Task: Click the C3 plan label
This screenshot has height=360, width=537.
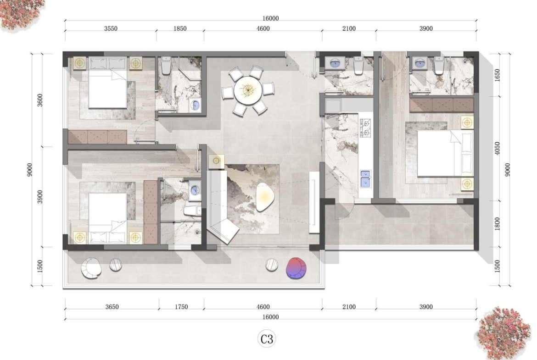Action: click(x=267, y=339)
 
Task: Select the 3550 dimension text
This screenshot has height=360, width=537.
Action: click(x=111, y=29)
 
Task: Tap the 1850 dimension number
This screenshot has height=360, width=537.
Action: click(x=180, y=29)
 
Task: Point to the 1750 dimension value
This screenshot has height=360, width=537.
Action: click(x=181, y=307)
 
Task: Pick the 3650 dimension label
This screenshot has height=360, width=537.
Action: click(x=112, y=307)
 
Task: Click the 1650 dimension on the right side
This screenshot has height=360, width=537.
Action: click(x=497, y=75)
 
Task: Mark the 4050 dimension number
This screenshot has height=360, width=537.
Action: click(x=497, y=148)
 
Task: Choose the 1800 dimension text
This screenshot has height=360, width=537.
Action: click(x=497, y=224)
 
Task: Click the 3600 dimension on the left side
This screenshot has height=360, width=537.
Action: click(x=40, y=100)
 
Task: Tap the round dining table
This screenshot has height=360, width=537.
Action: click(x=248, y=90)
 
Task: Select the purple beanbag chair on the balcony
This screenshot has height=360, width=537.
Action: click(x=296, y=268)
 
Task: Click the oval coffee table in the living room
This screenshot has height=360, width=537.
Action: click(x=264, y=197)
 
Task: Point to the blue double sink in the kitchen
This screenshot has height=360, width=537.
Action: click(x=365, y=179)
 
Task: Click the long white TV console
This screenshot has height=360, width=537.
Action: click(x=314, y=202)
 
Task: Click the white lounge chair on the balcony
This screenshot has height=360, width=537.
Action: click(x=91, y=268)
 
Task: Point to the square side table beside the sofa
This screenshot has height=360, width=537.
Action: click(x=217, y=161)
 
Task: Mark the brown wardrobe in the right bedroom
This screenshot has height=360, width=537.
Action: click(x=442, y=105)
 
